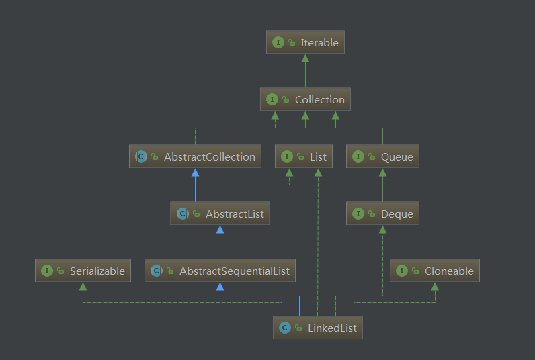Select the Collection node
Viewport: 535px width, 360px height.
click(x=306, y=99)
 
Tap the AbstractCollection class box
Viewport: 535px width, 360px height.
click(x=195, y=156)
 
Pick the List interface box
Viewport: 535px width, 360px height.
click(x=304, y=156)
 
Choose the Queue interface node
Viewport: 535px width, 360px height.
click(x=382, y=156)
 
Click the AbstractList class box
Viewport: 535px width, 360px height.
click(x=220, y=214)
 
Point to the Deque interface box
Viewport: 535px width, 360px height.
click(x=382, y=214)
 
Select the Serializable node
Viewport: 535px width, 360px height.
click(x=83, y=271)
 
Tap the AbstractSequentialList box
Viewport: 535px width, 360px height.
click(x=220, y=271)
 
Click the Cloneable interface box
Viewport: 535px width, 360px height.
click(x=435, y=271)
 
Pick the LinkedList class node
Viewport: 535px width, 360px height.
click(x=318, y=328)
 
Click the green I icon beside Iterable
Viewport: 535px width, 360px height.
click(x=278, y=42)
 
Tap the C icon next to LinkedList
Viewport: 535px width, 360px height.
click(x=284, y=328)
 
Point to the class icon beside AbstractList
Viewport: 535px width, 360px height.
click(x=182, y=214)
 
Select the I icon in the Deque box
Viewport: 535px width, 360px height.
click(x=358, y=214)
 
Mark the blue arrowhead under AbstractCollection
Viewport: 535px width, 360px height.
click(x=195, y=173)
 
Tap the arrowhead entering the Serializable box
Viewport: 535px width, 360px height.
click(x=83, y=287)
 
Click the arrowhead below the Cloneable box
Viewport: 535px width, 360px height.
click(x=435, y=287)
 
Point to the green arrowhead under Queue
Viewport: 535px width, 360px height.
click(x=382, y=173)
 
